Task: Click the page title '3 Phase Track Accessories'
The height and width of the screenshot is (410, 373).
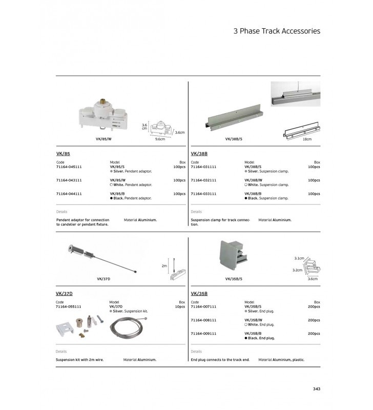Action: click(277, 31)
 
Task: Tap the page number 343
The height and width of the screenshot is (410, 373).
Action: click(316, 388)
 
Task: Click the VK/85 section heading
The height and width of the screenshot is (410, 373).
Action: click(63, 153)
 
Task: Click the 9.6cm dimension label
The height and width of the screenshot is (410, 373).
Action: click(160, 139)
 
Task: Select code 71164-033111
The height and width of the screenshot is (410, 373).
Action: click(203, 194)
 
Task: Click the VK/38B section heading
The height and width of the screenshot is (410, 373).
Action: click(199, 153)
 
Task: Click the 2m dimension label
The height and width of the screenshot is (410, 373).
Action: click(164, 266)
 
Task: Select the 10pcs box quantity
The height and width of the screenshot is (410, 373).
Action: click(179, 306)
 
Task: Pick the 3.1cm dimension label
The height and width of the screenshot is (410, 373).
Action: click(300, 258)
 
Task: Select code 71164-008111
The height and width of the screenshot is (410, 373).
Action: click(203, 320)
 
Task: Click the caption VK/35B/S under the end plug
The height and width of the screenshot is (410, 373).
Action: click(233, 279)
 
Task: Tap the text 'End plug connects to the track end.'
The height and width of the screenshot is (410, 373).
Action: click(220, 360)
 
